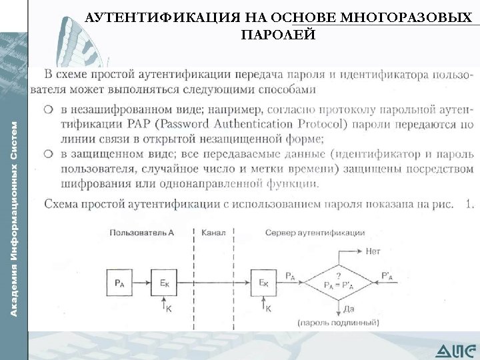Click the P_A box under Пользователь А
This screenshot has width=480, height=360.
(x=119, y=283)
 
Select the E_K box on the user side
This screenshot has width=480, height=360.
(x=164, y=283)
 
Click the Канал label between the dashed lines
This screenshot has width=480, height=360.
(x=213, y=233)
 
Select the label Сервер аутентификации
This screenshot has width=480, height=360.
(x=315, y=233)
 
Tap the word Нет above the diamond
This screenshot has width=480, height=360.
(x=373, y=251)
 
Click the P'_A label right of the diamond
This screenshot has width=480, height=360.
(x=387, y=274)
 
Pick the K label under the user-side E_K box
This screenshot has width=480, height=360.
(x=168, y=309)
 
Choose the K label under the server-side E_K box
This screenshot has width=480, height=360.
(x=269, y=309)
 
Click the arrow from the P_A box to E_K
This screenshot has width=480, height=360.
(x=141, y=283)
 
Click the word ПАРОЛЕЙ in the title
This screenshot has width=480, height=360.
(x=278, y=34)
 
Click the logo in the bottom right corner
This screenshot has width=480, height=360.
(x=457, y=349)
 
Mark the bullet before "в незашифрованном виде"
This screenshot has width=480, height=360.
(x=49, y=109)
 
